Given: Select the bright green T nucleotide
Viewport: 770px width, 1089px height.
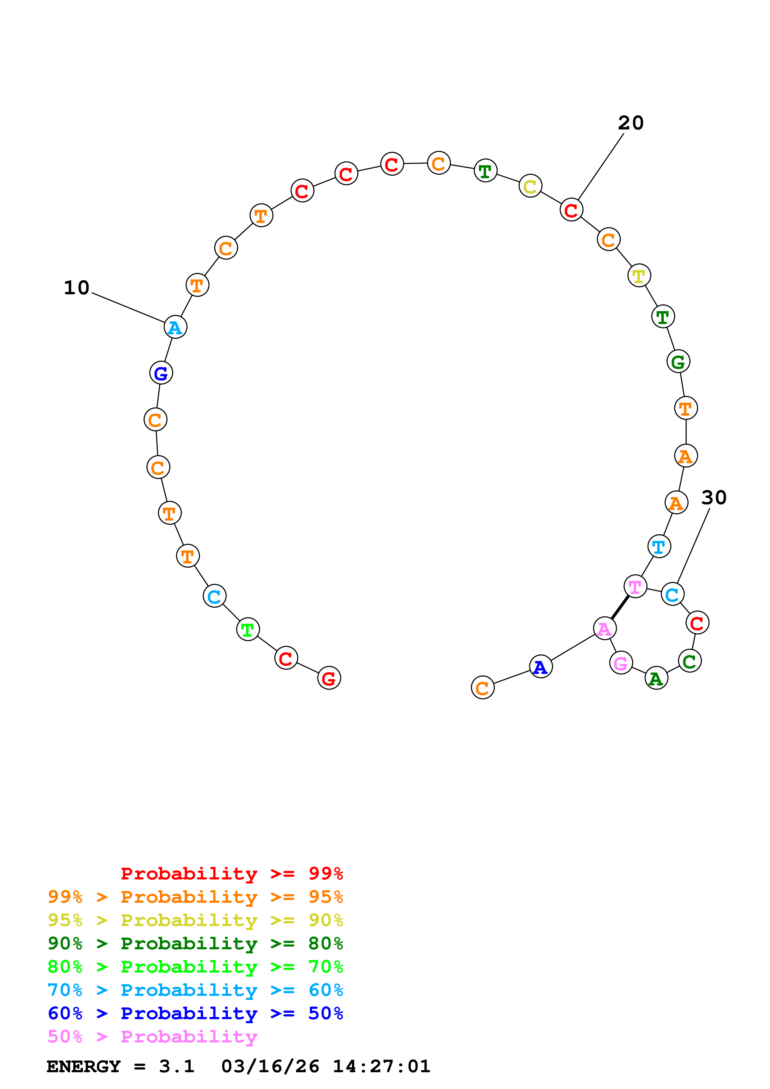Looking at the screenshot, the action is [248, 629].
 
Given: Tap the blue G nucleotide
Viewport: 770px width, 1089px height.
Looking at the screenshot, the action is [161, 373].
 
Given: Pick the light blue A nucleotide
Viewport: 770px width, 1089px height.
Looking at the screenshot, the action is [175, 327].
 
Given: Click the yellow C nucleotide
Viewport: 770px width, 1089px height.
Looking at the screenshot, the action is [531, 186].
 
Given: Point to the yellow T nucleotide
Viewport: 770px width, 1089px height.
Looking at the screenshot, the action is [639, 276].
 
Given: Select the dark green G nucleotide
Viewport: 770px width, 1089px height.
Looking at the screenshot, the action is [678, 362].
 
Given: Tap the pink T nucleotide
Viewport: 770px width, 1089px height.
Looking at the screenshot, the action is [635, 587].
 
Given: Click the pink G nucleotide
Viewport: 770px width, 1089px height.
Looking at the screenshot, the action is [621, 663].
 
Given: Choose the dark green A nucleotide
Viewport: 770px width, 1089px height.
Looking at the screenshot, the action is [656, 678].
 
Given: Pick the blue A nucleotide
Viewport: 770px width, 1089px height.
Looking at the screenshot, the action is [541, 667].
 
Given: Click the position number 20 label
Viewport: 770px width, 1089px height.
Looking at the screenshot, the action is [631, 123].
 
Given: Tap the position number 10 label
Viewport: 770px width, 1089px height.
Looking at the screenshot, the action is [76, 287].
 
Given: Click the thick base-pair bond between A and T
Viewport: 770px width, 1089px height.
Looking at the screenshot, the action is [620, 608].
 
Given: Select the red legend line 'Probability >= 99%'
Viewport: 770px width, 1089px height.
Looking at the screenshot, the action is [231, 874].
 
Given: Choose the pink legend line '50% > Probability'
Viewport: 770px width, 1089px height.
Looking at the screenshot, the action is [153, 1037].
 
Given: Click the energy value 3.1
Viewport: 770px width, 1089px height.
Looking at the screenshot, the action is [176, 1067].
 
